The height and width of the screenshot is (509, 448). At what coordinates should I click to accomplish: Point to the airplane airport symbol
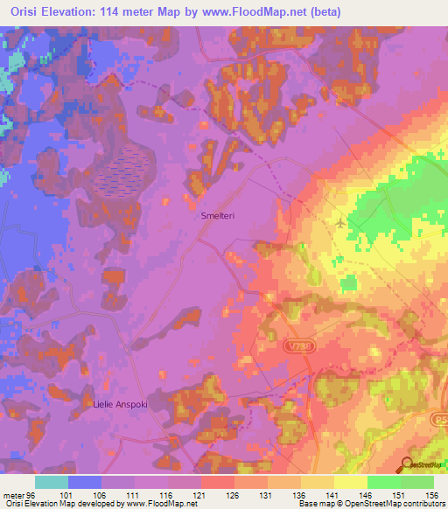339,223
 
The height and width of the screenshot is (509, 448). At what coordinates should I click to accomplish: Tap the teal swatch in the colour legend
52,482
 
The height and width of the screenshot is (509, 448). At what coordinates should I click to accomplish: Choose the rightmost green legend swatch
417,482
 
